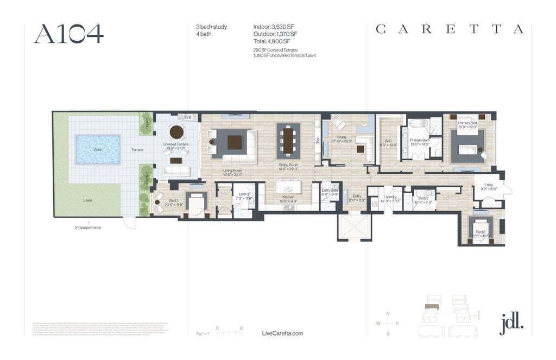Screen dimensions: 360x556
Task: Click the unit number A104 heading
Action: coord(68,34)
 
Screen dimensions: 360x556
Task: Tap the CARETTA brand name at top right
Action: coord(450,29)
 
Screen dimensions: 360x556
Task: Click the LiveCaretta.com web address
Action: coord(282,333)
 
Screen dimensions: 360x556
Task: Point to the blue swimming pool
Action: coord(98,149)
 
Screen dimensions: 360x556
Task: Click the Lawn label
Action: coord(87,200)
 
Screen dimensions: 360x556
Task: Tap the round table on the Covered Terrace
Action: coord(177,132)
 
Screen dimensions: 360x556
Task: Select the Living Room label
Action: coord(232,170)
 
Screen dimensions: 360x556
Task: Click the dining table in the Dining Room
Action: coord(288,141)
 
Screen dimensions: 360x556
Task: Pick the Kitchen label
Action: coord(288,197)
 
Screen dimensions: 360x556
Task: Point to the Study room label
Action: coord(342,137)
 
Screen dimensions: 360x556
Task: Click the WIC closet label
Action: coord(388,142)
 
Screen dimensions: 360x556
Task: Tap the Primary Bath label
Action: coord(420,140)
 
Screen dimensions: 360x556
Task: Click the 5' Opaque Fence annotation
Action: coord(88,227)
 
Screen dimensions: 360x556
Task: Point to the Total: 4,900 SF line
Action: coord(272,41)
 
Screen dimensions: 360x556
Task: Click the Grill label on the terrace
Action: coord(188,117)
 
